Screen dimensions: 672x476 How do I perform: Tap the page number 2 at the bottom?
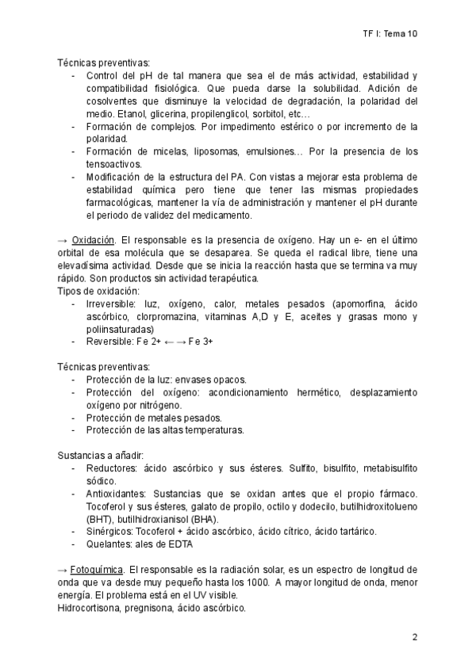[x=415, y=637]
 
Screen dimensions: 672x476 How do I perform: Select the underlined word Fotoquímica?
[x=98, y=570]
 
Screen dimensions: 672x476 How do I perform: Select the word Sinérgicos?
[x=112, y=531]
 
